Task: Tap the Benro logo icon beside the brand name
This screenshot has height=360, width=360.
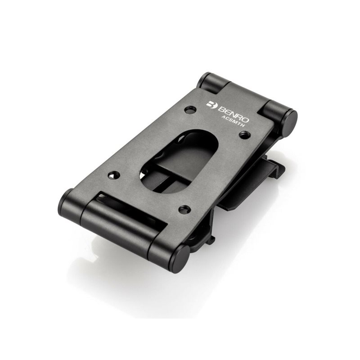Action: (x=211, y=104)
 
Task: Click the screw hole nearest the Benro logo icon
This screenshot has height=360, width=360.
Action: (x=190, y=110)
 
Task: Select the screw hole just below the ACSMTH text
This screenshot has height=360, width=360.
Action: (x=245, y=135)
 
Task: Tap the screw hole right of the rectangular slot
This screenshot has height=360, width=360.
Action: (x=184, y=209)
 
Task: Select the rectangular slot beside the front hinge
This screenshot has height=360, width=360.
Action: (x=133, y=209)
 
